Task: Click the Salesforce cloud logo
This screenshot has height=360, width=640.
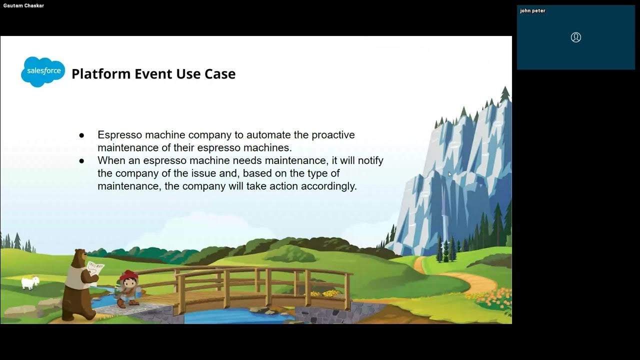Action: [x=43, y=71]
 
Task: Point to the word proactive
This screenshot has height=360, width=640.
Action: [x=333, y=135]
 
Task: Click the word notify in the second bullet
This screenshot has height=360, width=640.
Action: [x=369, y=160]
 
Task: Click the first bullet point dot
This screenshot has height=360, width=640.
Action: [x=81, y=135]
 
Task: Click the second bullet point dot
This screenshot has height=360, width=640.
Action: [x=81, y=161]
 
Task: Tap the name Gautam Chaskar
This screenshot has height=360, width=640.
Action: [x=23, y=5]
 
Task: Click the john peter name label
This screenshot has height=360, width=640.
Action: [x=532, y=10]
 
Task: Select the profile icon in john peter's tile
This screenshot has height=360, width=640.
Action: [x=576, y=37]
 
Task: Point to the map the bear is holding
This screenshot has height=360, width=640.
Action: [x=95, y=270]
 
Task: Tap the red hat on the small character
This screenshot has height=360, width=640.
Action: [x=128, y=275]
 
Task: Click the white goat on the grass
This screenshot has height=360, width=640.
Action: [x=30, y=282]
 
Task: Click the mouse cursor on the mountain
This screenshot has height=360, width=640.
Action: [x=449, y=174]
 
